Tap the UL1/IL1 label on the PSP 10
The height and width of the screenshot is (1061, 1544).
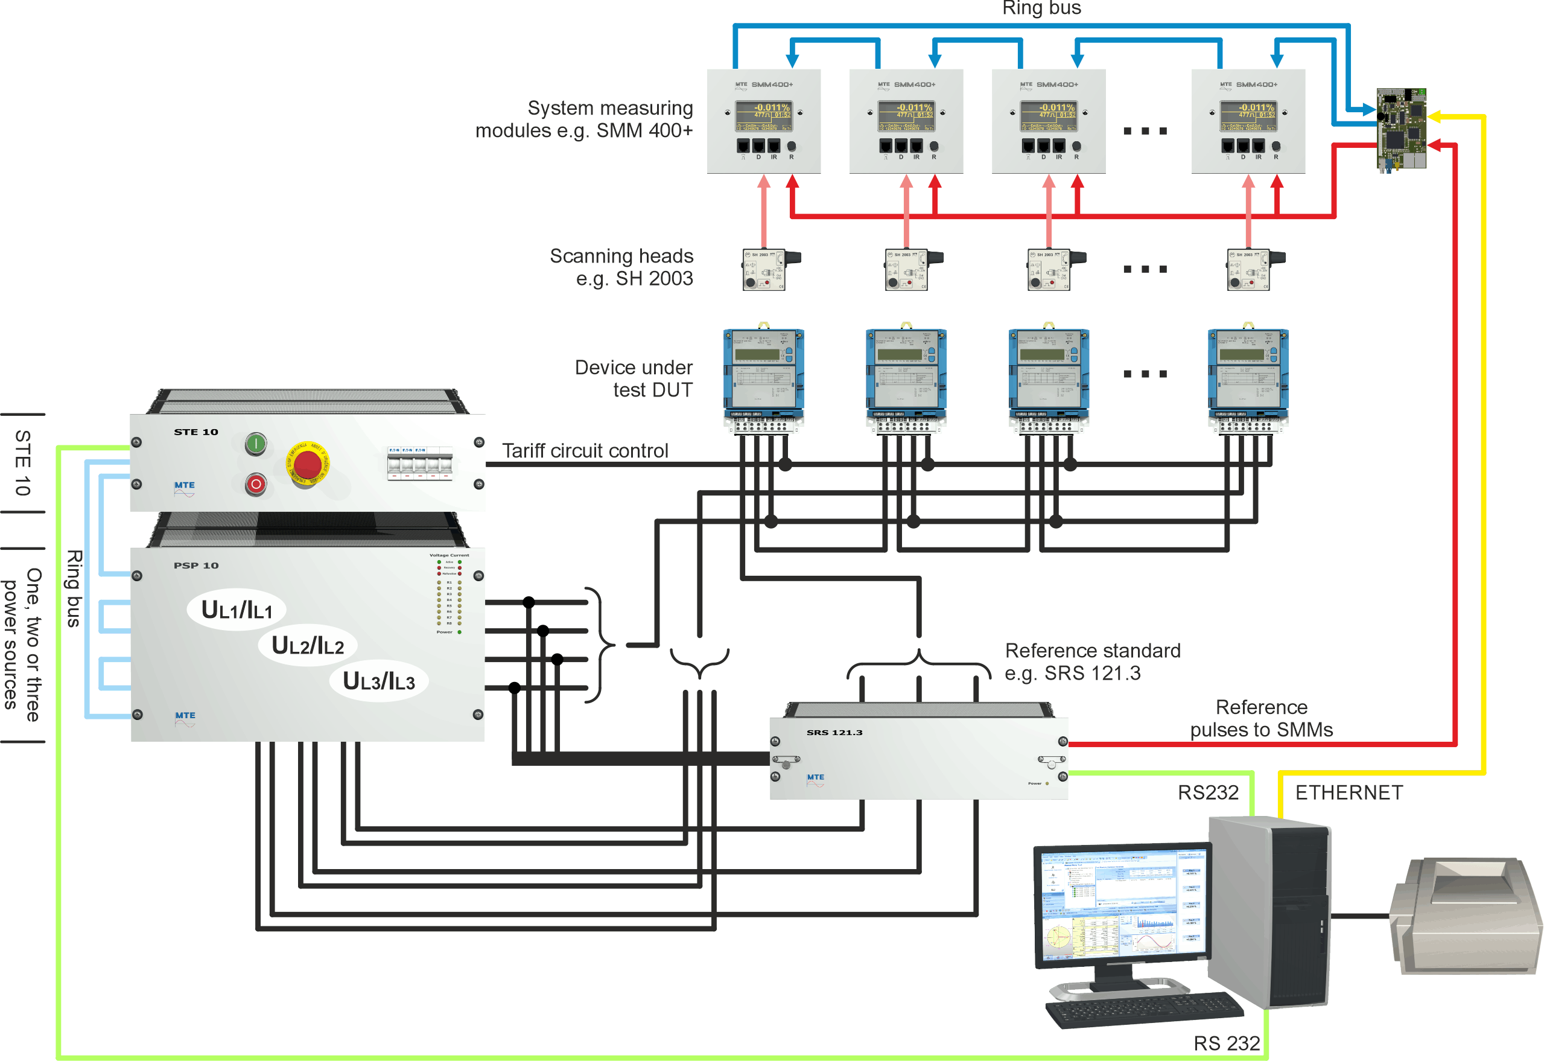click(x=237, y=610)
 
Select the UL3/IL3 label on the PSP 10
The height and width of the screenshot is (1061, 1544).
click(x=378, y=681)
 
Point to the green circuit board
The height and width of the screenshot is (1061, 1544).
click(x=1401, y=129)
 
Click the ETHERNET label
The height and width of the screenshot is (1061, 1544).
click(x=1349, y=792)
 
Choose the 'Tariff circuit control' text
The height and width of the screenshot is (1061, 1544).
click(x=585, y=451)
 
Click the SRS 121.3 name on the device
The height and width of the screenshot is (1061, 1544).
click(x=834, y=733)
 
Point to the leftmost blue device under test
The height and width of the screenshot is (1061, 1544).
click(x=764, y=375)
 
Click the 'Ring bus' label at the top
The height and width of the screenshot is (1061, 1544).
click(x=1041, y=8)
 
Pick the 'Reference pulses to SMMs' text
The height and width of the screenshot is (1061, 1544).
click(x=1261, y=719)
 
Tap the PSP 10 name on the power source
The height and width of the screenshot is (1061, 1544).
click(x=196, y=566)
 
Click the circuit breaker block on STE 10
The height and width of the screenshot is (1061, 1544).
click(x=419, y=463)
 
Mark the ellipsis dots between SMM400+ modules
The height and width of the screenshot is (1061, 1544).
click(x=1145, y=131)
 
